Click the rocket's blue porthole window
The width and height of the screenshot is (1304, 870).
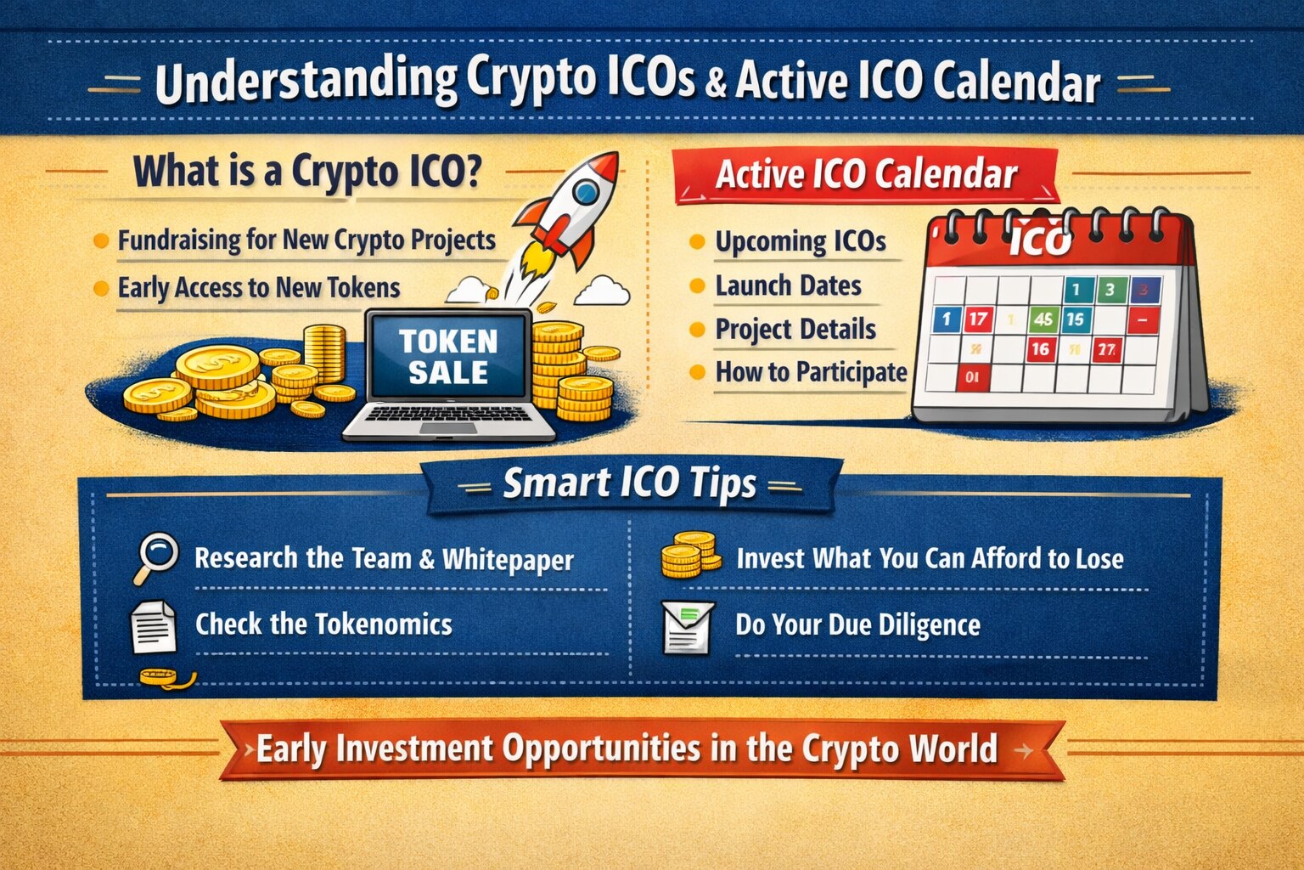585,192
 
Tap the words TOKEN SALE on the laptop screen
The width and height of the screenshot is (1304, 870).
448,357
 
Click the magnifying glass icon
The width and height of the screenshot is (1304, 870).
157,555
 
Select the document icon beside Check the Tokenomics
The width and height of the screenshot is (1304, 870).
153,626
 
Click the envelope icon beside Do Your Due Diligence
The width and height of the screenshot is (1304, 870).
688,627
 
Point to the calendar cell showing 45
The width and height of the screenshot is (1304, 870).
1043,319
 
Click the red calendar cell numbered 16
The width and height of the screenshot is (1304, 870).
1040,348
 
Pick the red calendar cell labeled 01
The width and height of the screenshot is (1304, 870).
972,377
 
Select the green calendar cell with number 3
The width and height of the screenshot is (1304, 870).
1110,291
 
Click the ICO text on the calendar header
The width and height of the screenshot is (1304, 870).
1041,240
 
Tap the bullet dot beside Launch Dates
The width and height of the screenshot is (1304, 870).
697,285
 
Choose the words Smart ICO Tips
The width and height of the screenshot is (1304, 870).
629,484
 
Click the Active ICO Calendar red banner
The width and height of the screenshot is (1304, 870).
866,175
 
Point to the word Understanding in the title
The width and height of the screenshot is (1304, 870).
306,82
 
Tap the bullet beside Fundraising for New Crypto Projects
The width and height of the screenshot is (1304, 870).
100,240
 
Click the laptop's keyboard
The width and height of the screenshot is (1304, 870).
448,414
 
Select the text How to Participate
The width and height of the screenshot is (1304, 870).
811,372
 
